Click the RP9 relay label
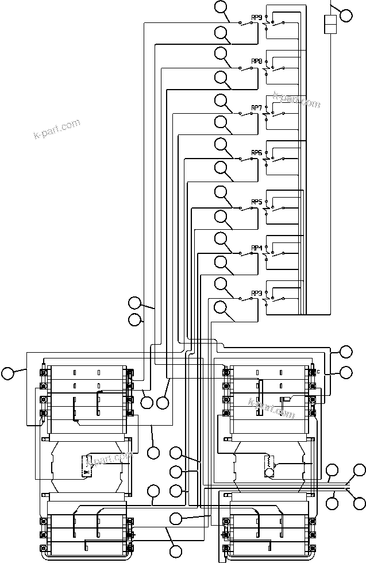pos(257,17)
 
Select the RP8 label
pos(257,61)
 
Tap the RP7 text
pos(257,107)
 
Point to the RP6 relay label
pos(257,153)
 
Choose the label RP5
pos(257,202)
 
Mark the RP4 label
pos(257,248)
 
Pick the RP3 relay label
pos(257,294)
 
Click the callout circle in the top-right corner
pos(346,15)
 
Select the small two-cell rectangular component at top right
pos(330,26)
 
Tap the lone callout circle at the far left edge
pos(7,373)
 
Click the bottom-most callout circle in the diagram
pos(176,550)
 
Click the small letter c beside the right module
pos(318,372)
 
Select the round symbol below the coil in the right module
pos(268,472)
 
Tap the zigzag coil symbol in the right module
pos(267,461)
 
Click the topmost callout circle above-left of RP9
pos(221,7)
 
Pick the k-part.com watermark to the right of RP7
pos(296,100)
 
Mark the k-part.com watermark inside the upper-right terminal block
pos(272,407)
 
